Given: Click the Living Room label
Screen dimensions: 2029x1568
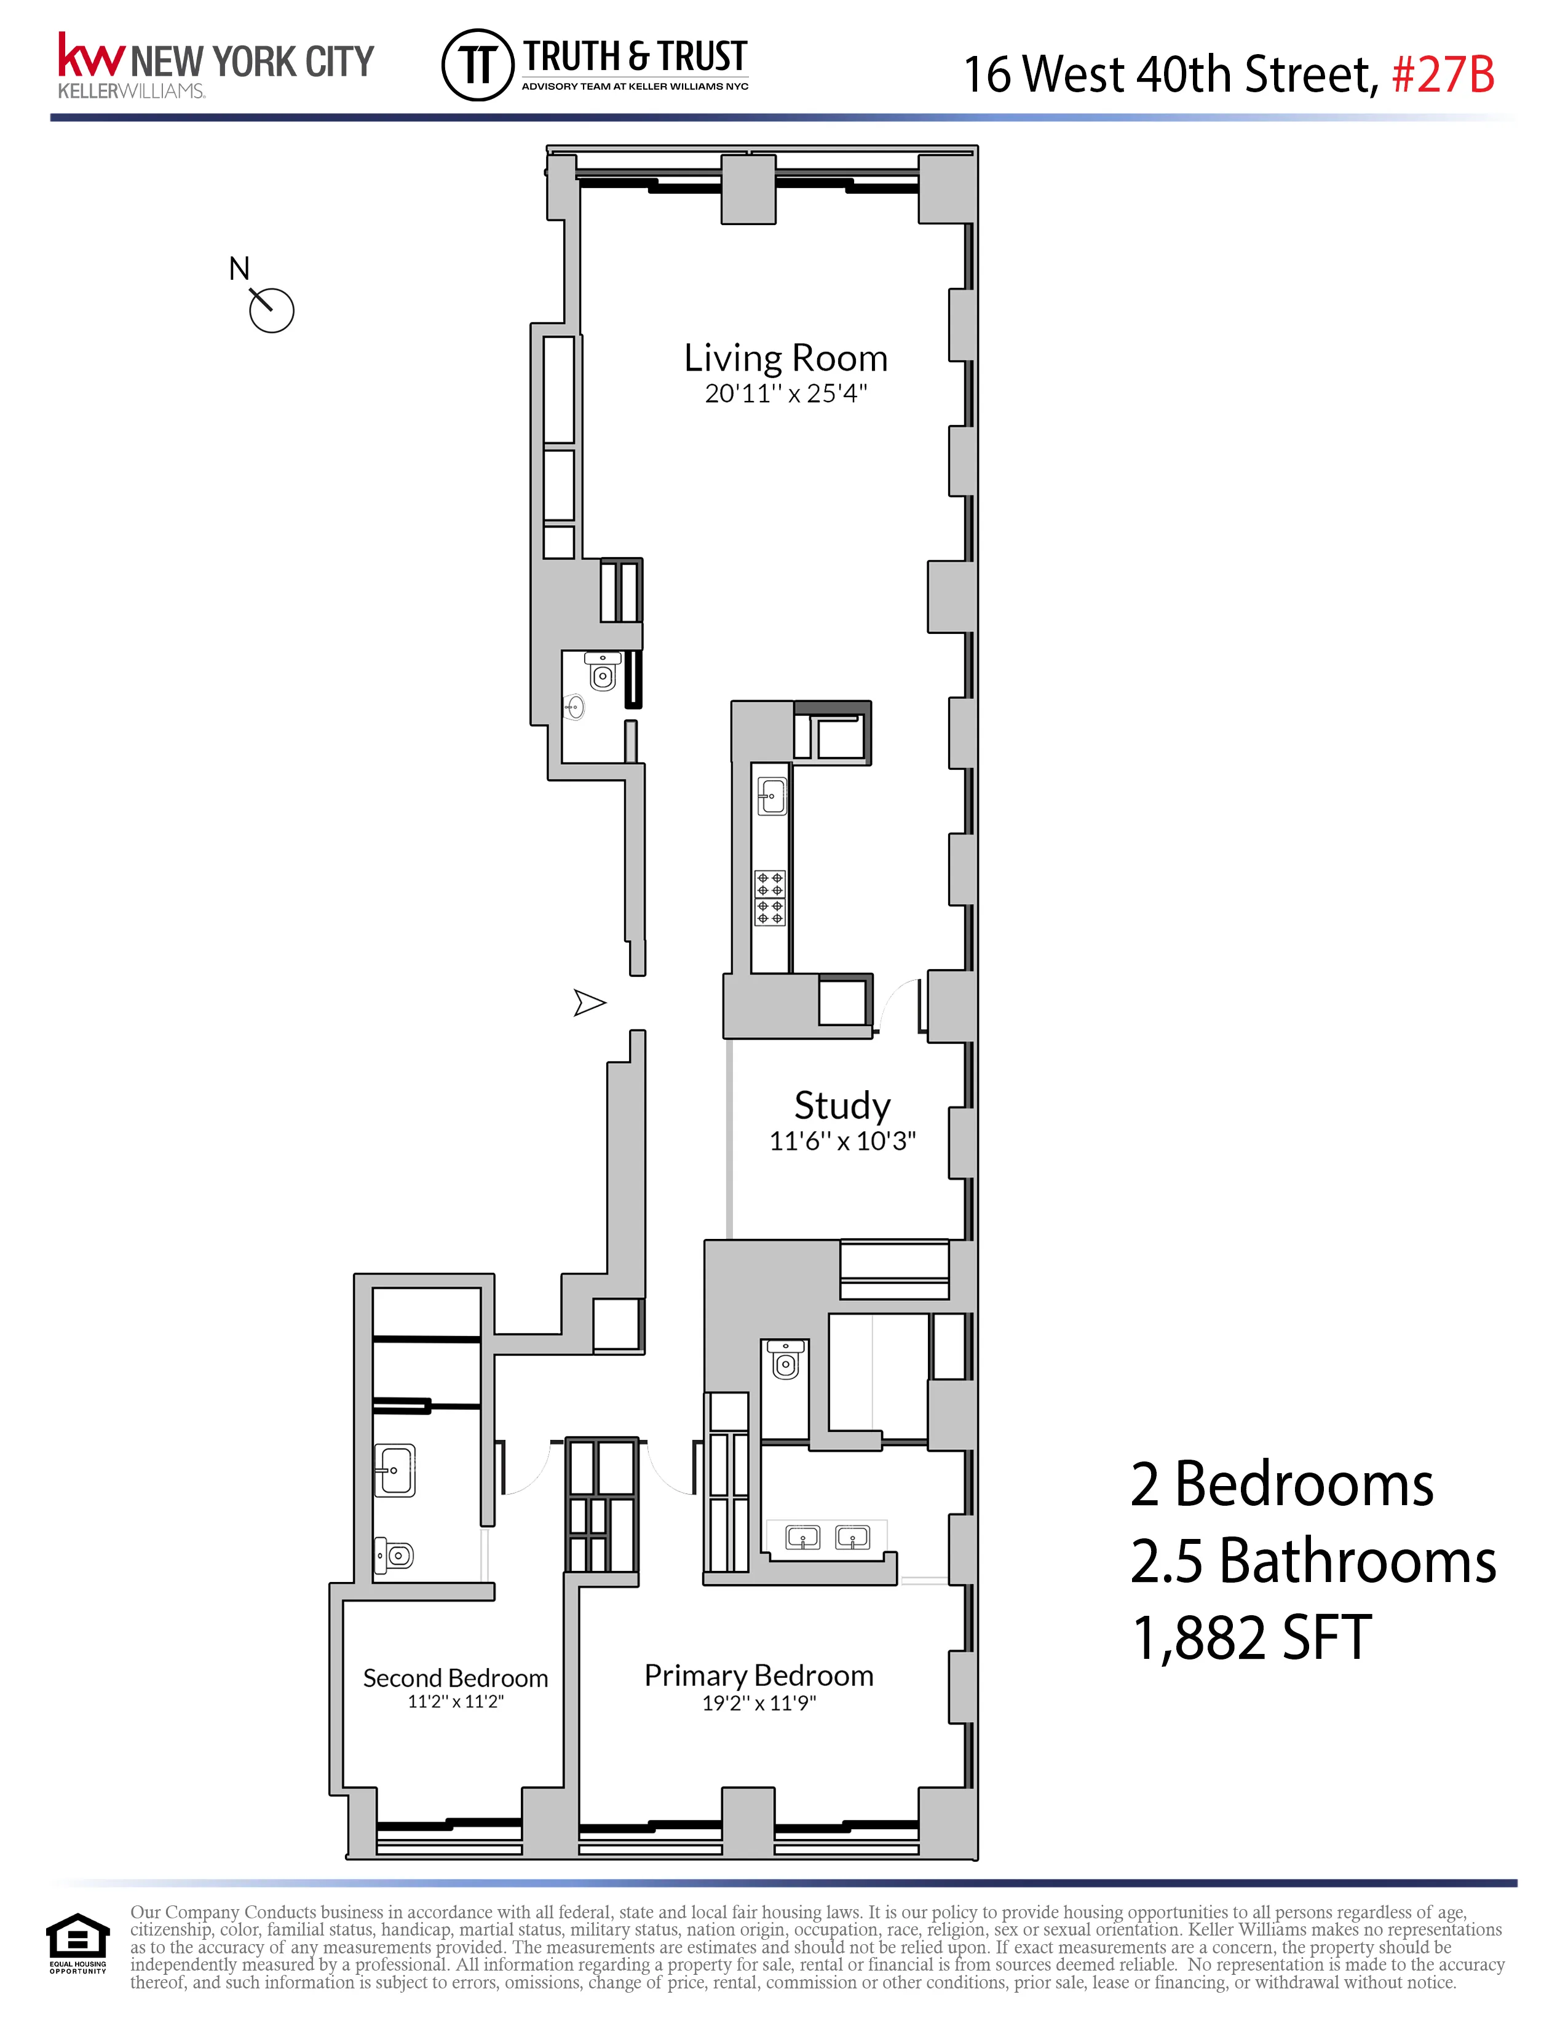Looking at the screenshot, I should pyautogui.click(x=785, y=358).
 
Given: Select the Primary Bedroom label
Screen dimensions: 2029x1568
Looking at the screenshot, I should pyautogui.click(x=759, y=1675).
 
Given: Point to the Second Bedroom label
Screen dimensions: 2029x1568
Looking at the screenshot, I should pyautogui.click(x=455, y=1678).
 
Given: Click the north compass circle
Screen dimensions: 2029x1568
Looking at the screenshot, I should pyautogui.click(x=272, y=311).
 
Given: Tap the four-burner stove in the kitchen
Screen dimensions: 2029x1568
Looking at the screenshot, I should pyautogui.click(x=770, y=898).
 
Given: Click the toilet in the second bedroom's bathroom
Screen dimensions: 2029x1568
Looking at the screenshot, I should pyautogui.click(x=394, y=1554).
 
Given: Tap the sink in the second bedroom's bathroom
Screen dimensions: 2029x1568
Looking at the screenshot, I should pyautogui.click(x=395, y=1471).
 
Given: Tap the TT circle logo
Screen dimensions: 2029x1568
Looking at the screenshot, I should pyautogui.click(x=477, y=65).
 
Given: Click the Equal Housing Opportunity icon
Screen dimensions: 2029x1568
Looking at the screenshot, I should pyautogui.click(x=78, y=1942).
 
